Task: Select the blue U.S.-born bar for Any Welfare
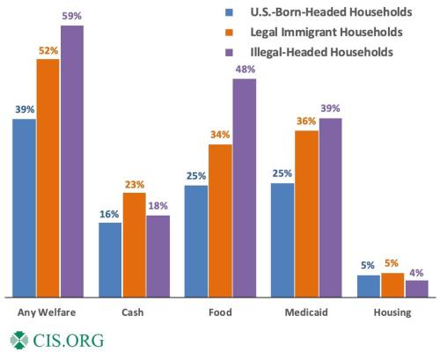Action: [x=25, y=208]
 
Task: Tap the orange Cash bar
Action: [x=134, y=245]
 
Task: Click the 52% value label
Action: [x=48, y=50]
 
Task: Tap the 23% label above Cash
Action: [x=134, y=185]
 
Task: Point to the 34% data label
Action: [x=220, y=136]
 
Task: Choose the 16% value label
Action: [x=110, y=214]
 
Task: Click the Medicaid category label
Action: [x=305, y=312]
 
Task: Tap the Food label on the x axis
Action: [x=220, y=312]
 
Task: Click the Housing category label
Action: [x=392, y=312]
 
